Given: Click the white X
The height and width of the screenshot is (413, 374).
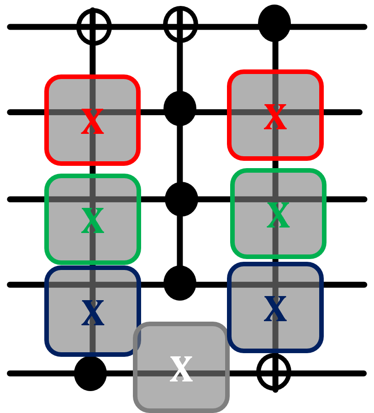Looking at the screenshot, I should [x=181, y=369].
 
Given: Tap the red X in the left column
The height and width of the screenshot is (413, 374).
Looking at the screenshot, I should [x=92, y=122].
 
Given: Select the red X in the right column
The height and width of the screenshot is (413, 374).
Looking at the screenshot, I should [x=275, y=117].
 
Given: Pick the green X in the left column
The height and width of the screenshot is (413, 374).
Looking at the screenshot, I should [x=92, y=221].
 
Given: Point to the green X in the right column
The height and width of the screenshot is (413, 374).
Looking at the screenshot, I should [x=278, y=215].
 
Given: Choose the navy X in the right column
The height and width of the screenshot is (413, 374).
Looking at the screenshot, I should [x=275, y=309].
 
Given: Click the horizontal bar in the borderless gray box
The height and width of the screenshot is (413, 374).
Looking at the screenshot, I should [x=151, y=373].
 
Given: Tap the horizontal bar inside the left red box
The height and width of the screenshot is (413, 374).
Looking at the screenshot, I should [x=64, y=112].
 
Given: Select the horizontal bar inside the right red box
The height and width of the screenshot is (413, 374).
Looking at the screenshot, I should [x=247, y=112].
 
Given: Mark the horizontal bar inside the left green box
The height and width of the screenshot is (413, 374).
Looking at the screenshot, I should [x=64, y=199].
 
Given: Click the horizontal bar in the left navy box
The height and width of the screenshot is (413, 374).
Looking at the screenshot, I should [x=64, y=285].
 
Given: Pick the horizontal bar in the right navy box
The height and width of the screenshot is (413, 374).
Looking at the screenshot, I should [x=247, y=285].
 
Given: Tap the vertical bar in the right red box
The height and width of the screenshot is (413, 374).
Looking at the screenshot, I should [x=275, y=89].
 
